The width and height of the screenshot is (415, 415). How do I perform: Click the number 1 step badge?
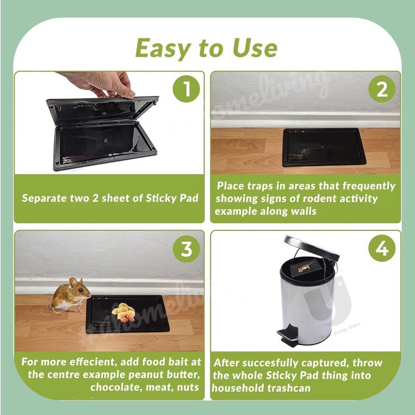pyautogui.click(x=186, y=89)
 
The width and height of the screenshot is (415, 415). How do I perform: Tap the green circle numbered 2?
pyautogui.click(x=382, y=89)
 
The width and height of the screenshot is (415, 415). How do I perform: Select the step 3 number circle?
pyautogui.click(x=186, y=249)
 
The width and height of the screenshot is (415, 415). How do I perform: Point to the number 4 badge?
pyautogui.click(x=382, y=248)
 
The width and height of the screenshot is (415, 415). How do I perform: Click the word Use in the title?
pyautogui.click(x=255, y=48)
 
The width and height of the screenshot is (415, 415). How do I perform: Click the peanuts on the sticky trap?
pyautogui.click(x=123, y=312)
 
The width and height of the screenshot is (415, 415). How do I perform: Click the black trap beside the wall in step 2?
pyautogui.click(x=324, y=147)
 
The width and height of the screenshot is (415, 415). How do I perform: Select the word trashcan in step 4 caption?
pyautogui.click(x=288, y=388)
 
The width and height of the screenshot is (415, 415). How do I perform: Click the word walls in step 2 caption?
pyautogui.click(x=303, y=211)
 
